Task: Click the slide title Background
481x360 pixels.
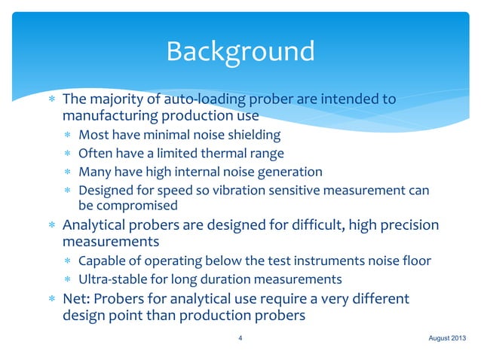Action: click(240, 51)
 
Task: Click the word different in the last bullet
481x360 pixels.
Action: click(380, 299)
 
